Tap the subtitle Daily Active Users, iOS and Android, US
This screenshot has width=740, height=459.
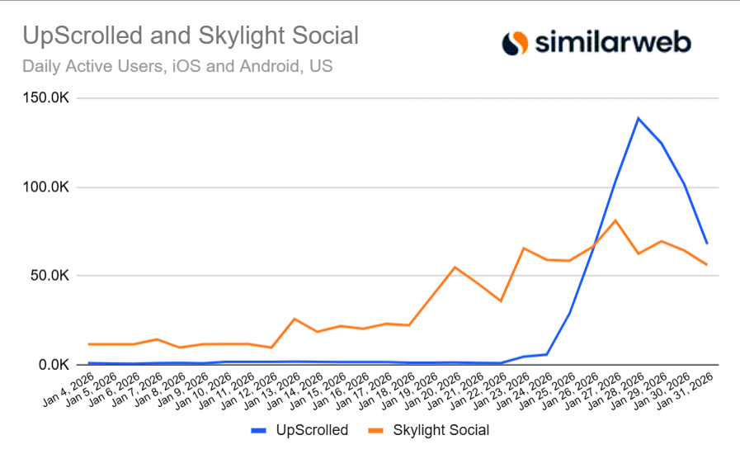pos(177,66)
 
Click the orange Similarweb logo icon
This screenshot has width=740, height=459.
pos(515,42)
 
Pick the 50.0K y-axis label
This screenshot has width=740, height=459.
pos(52,276)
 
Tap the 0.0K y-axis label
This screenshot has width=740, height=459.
pos(55,364)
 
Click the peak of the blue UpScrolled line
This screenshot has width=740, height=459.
pos(638,118)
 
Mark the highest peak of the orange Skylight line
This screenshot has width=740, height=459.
pos(615,220)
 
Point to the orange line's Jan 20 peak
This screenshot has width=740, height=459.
pos(455,267)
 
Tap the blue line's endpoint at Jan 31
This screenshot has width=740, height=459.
pos(707,244)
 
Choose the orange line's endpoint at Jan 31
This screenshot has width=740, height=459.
pos(707,264)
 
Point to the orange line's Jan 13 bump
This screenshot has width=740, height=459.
pos(295,319)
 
